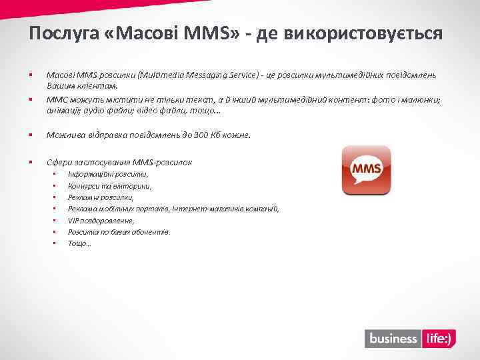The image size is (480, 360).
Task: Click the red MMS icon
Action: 366,171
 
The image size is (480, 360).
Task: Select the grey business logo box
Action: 393,339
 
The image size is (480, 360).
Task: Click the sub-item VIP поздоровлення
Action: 101,220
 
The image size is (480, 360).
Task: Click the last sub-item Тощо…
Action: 79,243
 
